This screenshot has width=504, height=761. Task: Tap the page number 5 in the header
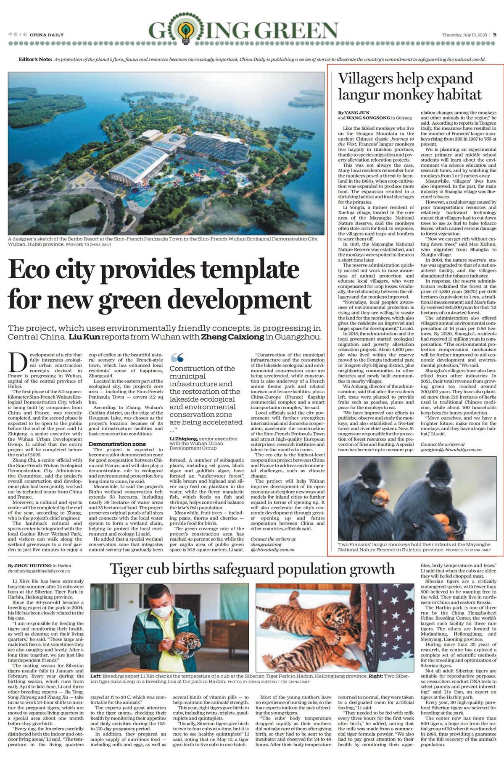[495, 35]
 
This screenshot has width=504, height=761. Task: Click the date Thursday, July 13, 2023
[464, 35]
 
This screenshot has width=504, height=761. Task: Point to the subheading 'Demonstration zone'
[117, 444]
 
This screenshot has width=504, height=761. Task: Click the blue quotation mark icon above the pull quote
[177, 357]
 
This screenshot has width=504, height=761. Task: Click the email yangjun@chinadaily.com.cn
[451, 450]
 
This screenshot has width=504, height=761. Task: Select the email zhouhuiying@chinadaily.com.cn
[39, 571]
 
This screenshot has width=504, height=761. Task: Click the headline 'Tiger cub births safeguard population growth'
[252, 569]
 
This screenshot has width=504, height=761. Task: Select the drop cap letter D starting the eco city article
[17, 362]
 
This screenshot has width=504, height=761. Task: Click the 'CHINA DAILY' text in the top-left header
[47, 35]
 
